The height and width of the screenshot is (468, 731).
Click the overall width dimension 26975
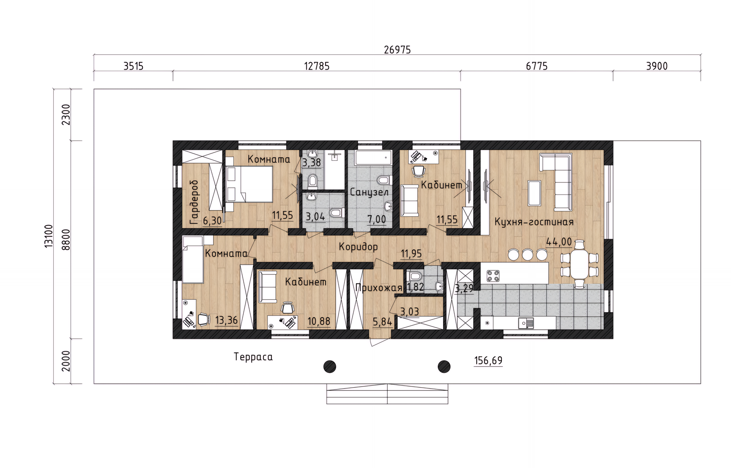pos(397,50)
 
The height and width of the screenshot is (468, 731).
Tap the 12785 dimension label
pos(316,66)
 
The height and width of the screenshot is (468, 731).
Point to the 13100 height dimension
pos(49,236)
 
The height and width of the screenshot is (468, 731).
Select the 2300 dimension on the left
pos(66,115)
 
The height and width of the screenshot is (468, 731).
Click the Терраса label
pos(253,357)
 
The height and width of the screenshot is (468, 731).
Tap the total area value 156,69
pos(488,360)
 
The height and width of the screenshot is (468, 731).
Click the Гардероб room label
pos(194,202)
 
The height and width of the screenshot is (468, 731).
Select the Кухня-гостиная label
pos(534,222)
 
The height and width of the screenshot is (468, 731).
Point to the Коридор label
pos(358,247)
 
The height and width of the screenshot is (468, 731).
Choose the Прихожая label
pos(378,288)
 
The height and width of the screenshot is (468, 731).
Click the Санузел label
pos(369,192)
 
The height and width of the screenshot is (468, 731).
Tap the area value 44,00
pos(559,242)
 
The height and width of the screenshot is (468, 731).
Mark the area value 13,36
pos(226,320)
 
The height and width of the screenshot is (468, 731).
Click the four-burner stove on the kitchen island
pos(493,276)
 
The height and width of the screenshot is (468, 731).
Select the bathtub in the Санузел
pos(373,157)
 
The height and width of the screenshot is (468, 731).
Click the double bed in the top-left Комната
pos(249,184)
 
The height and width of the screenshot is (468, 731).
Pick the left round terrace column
pos(330,367)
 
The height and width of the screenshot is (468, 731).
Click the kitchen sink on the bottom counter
pos(526,323)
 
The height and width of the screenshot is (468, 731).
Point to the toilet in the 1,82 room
pos(414,276)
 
